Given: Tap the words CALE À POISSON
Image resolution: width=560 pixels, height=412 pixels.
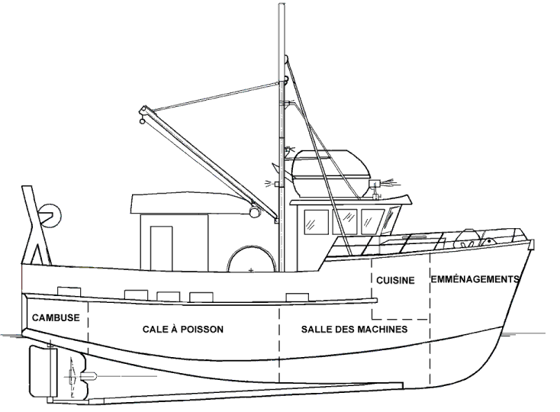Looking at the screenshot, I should coord(183,330).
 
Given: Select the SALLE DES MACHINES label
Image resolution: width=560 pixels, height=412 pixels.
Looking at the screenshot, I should coord(354,330).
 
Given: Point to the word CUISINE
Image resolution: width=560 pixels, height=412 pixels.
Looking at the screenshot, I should coord(395,281).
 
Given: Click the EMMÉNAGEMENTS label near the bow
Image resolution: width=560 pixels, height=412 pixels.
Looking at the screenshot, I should coord(475,279).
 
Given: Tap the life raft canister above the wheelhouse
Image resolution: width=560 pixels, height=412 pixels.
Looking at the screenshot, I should coord(328,171).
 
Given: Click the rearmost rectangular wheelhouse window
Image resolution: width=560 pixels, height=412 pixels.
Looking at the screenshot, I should coord(315,221).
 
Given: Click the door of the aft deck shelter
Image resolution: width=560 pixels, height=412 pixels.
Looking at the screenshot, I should coord(161,248).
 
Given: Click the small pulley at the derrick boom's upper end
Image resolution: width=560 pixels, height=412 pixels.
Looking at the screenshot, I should coord(142,115).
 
